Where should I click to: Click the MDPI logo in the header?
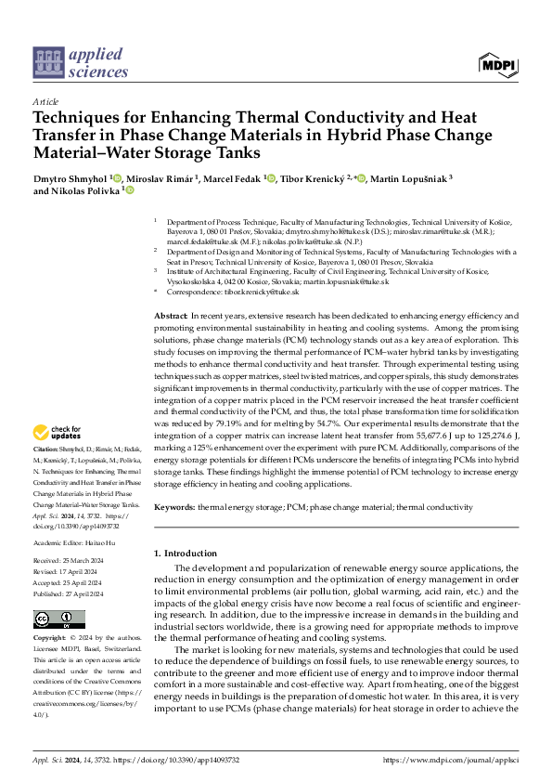(498, 64)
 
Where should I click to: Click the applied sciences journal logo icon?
(47, 62)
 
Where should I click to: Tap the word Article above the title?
(45, 101)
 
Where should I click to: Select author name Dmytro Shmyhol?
(71, 177)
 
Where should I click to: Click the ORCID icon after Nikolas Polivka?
(130, 190)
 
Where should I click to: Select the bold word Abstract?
(172, 317)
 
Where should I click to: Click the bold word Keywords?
(173, 507)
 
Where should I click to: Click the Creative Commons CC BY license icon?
(46, 619)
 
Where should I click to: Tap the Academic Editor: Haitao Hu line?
(79, 541)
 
